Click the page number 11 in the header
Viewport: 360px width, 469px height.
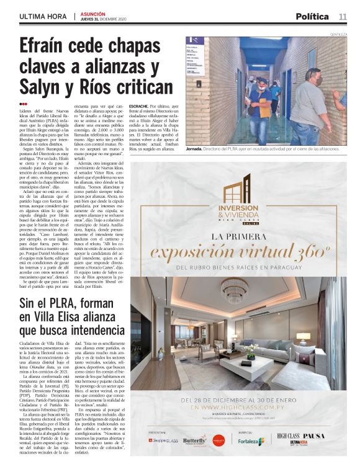click(x=343, y=16)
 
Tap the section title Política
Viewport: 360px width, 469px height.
click(x=312, y=16)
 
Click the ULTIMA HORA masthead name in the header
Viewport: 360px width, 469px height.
click(x=43, y=16)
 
